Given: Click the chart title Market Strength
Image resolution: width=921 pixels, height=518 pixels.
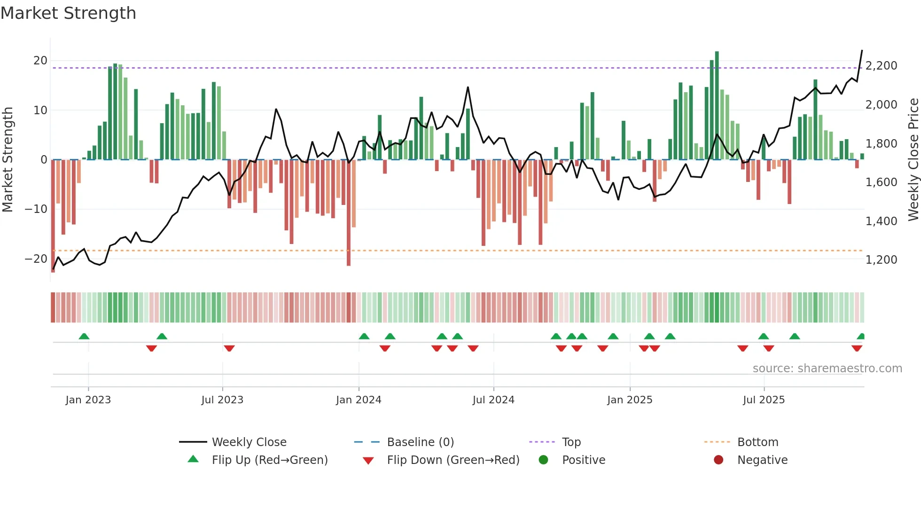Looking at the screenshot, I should tap(68, 13).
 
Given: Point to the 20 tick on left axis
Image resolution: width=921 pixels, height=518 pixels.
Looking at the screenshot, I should tap(40, 61).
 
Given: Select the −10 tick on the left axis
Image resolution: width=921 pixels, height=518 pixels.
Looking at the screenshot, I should tap(36, 209).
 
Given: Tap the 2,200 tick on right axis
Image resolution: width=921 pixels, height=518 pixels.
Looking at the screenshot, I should tap(881, 66).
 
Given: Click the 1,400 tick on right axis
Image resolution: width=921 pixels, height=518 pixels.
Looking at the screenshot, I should tap(881, 221).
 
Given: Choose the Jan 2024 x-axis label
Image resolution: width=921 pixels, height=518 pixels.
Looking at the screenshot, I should tap(359, 400).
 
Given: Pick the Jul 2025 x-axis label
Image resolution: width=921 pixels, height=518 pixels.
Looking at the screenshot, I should tap(764, 400).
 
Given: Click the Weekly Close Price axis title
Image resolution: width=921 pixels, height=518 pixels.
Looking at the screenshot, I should tap(913, 160).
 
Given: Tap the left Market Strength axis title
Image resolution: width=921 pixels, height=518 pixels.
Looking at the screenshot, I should tap(8, 160).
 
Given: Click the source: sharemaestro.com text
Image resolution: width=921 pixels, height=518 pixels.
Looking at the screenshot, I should tap(827, 369).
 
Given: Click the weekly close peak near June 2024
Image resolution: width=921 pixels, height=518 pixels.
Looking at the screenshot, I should tap(468, 87).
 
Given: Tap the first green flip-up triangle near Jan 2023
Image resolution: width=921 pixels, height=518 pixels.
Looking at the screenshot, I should tap(84, 337).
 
